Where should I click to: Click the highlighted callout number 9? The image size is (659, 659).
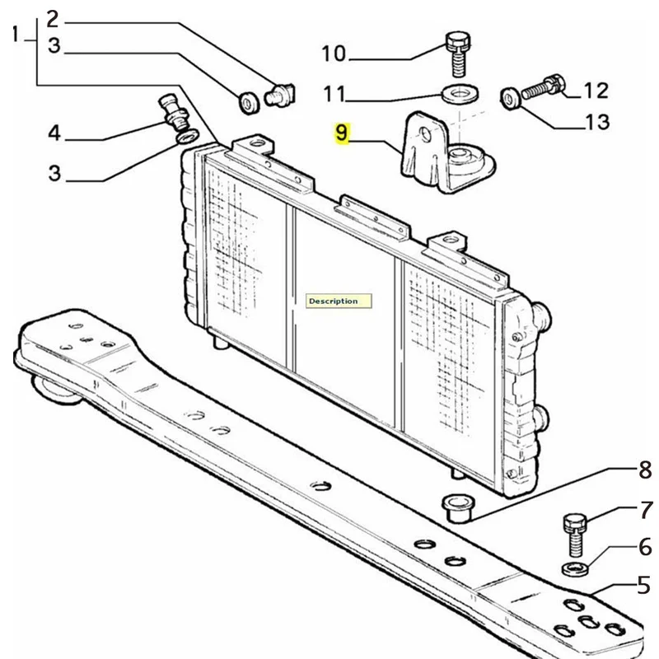[x=342, y=133]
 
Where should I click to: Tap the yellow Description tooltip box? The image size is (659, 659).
[x=339, y=301]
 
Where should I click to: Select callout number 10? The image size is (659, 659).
[x=334, y=54]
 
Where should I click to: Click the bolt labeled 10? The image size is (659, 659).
[x=458, y=54]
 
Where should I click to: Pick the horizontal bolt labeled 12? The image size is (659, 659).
[x=543, y=86]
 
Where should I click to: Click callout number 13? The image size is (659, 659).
[x=597, y=122]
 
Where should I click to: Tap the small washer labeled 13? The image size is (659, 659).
[x=510, y=99]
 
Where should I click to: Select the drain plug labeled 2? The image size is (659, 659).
[x=280, y=95]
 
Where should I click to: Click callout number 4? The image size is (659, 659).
[x=54, y=133]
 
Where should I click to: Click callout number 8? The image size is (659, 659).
[x=645, y=470]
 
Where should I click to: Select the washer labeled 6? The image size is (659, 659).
[x=575, y=568]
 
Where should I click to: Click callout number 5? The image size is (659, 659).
[x=644, y=585]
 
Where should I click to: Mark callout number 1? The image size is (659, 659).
[x=16, y=34]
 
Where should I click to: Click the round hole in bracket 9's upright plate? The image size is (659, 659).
[x=426, y=135]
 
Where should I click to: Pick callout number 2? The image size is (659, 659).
[x=53, y=19]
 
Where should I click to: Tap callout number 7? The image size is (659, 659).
[x=647, y=509]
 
